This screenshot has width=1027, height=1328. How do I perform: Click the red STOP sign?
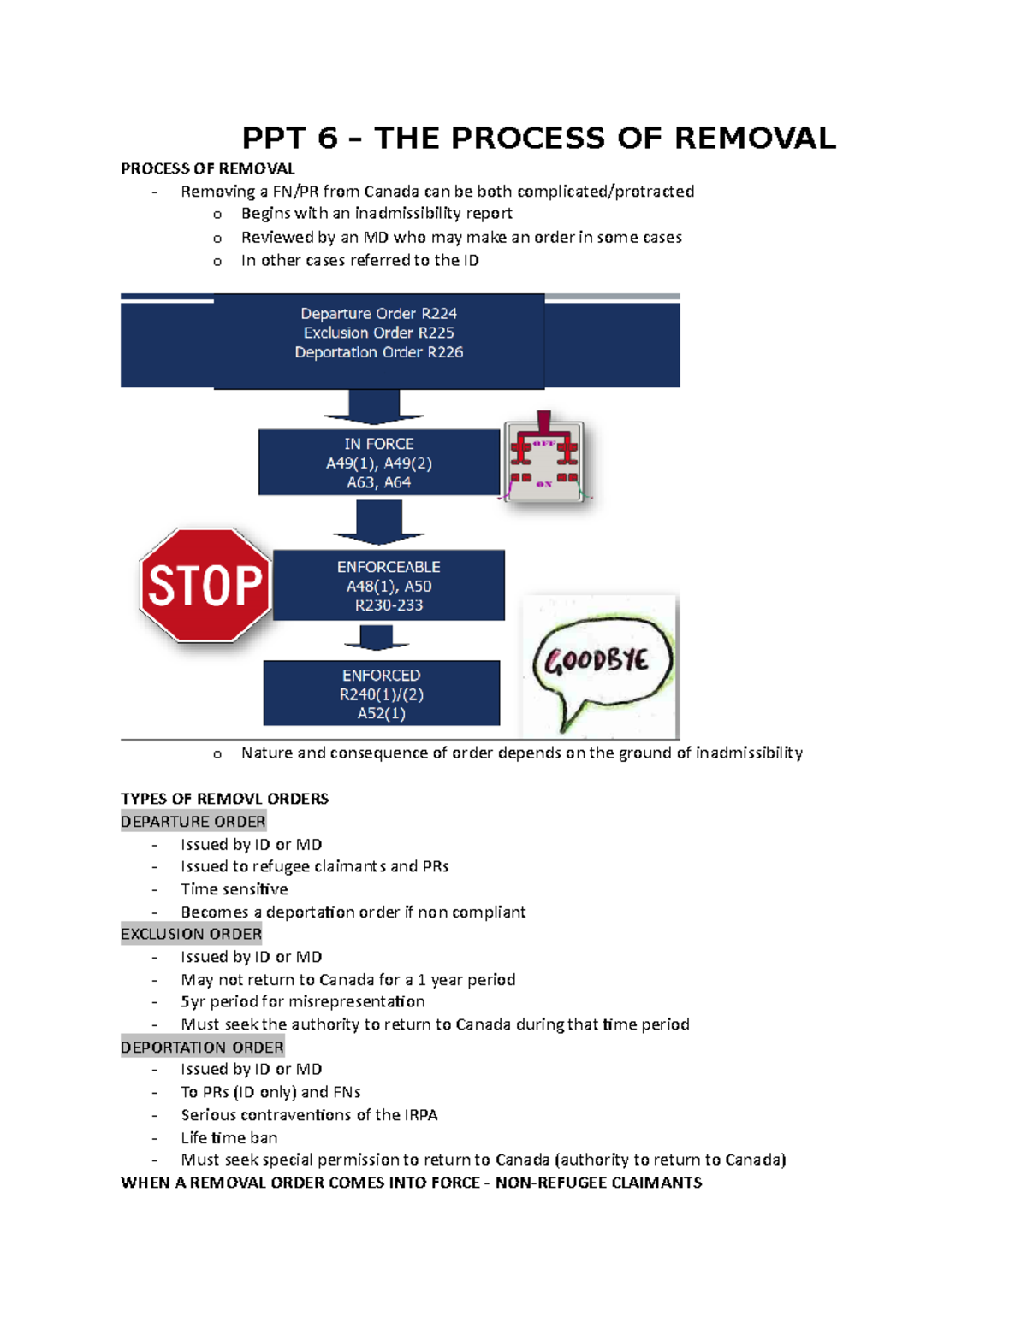[x=205, y=586]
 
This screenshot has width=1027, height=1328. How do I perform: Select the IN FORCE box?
[x=378, y=463]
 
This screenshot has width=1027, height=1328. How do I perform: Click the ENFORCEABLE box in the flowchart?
[x=389, y=586]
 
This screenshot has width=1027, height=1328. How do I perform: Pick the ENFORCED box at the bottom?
[x=381, y=694]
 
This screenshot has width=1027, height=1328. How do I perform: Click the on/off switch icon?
[x=543, y=461]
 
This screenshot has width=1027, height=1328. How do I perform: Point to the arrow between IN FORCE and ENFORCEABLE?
[x=378, y=522]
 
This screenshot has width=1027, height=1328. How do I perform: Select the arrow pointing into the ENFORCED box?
[x=377, y=638]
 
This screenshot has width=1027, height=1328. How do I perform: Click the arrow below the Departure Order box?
[x=374, y=407]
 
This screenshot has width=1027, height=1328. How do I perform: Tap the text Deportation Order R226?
[x=379, y=352]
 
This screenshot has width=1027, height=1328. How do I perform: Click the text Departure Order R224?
[x=379, y=314]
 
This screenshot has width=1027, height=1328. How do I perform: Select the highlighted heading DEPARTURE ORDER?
[x=193, y=822]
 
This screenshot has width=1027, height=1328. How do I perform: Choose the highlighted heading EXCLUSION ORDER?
[x=192, y=934]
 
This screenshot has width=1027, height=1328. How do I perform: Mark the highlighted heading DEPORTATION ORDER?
[x=202, y=1048]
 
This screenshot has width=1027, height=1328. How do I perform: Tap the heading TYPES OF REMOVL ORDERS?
[x=224, y=799]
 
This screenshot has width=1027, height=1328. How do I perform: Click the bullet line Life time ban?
[x=229, y=1138]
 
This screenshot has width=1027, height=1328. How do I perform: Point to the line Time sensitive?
[x=234, y=889]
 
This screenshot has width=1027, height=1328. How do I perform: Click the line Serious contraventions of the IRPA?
[x=309, y=1115]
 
